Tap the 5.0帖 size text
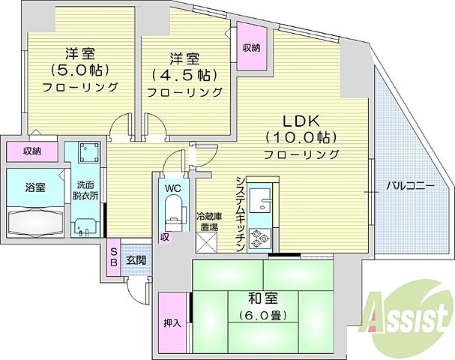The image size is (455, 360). [x=80, y=70]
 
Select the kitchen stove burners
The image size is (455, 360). [x=260, y=239]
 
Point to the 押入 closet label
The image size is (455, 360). [x=172, y=323]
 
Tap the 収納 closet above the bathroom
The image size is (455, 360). [x=31, y=151]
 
